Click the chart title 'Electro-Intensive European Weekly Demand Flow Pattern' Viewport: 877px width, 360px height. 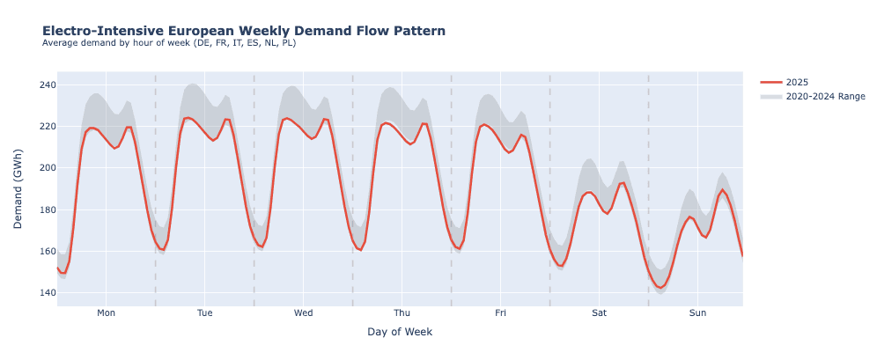tap(243, 31)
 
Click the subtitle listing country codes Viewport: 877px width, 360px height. tap(168, 43)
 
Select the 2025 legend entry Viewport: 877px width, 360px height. tap(796, 82)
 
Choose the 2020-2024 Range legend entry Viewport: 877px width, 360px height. tap(824, 97)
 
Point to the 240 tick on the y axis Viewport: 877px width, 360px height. tap(46, 85)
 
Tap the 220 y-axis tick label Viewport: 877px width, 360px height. tap(46, 127)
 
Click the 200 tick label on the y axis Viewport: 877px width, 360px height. tap(46, 168)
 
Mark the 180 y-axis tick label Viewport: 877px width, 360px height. tap(46, 209)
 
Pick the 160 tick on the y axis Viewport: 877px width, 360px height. tap(46, 251)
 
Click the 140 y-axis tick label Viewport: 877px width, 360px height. tap(46, 292)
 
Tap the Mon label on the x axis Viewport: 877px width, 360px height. tap(106, 312)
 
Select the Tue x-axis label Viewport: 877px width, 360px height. tap(204, 312)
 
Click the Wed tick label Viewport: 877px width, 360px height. tap(303, 312)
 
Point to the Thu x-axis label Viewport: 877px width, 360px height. tap(402, 312)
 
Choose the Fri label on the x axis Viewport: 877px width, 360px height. tap(500, 312)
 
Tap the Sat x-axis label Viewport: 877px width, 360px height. tap(599, 312)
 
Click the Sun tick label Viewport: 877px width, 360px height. tap(697, 312)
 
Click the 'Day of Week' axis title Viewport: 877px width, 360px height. tap(400, 332)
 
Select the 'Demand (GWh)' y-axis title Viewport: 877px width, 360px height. tap(18, 188)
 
